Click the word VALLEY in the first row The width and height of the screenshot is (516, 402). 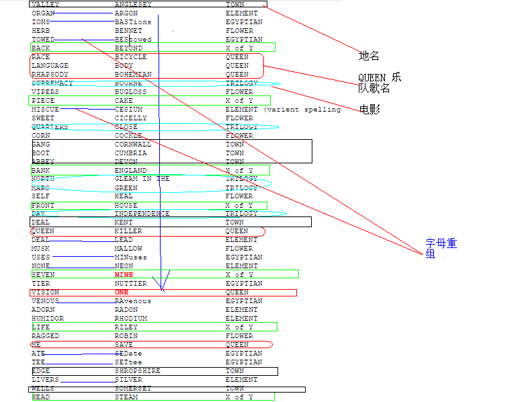coord(45,5)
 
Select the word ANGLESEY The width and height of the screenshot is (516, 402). coord(133,5)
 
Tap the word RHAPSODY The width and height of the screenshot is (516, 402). coord(50,75)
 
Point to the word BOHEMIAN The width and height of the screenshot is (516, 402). coord(133,75)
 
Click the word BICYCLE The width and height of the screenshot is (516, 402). coord(130,57)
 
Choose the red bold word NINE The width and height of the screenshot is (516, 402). coord(124,275)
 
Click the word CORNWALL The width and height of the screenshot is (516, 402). coord(133,145)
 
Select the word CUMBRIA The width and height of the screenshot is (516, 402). coord(130,153)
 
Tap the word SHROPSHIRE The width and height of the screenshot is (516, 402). coord(137,371)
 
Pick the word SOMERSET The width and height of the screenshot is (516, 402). coord(133,389)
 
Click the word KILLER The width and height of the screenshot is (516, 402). coord(128,231)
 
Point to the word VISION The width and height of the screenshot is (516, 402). coord(45,292)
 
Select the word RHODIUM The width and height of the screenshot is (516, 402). coord(130,319)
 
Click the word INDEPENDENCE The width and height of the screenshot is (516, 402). coord(142,214)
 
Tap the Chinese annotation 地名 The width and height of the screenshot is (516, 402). coord(369,56)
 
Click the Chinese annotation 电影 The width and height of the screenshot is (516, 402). coord(369,109)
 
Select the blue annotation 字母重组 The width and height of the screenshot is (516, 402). coord(441,248)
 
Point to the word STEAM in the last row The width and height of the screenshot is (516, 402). coord(126,397)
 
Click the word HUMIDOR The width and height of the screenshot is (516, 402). coord(48,319)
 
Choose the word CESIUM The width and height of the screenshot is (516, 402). coord(128,110)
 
